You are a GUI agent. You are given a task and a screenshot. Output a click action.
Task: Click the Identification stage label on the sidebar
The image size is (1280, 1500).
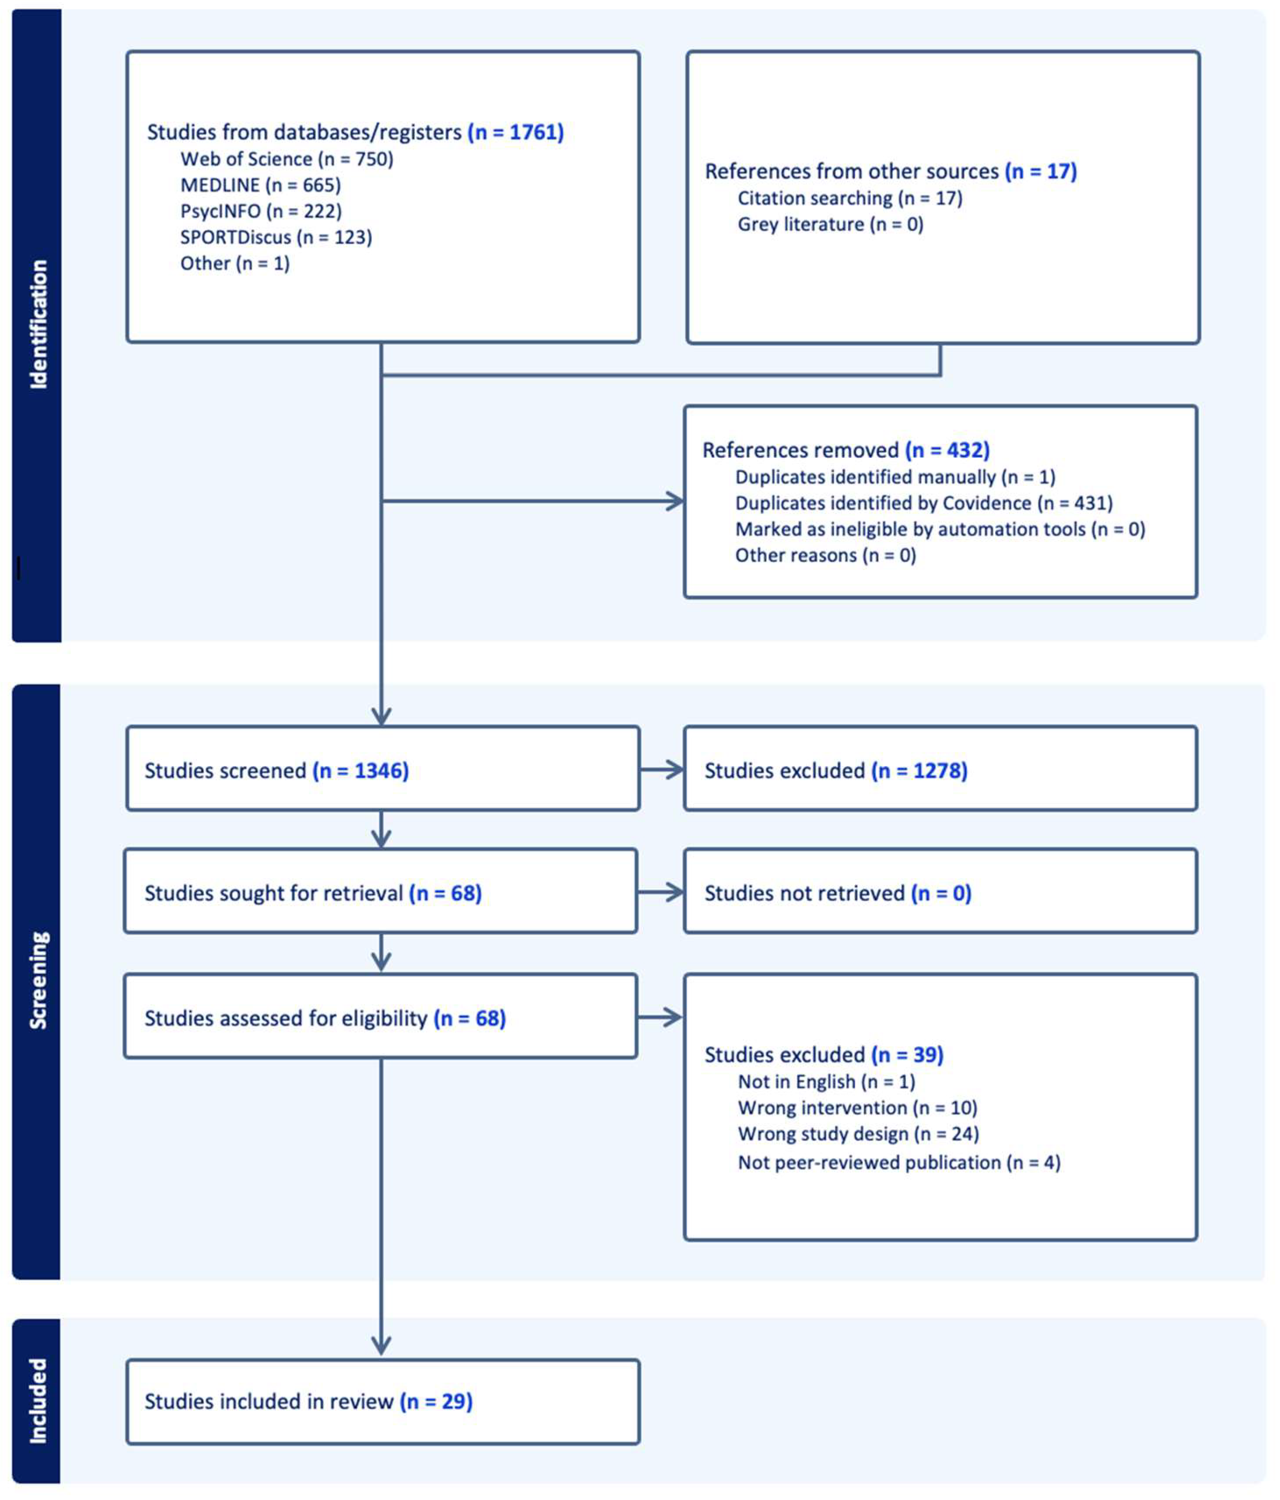click(x=38, y=324)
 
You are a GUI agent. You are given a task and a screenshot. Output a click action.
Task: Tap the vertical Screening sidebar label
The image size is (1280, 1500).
click(x=38, y=980)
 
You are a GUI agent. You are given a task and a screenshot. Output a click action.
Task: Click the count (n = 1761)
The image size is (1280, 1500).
click(x=515, y=132)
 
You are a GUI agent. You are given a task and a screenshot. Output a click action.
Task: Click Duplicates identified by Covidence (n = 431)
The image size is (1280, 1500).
click(x=923, y=502)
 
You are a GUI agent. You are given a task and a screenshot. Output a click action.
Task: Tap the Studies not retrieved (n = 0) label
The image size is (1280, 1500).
click(x=837, y=893)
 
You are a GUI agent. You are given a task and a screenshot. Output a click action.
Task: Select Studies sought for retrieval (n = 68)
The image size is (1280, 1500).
click(x=313, y=893)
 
